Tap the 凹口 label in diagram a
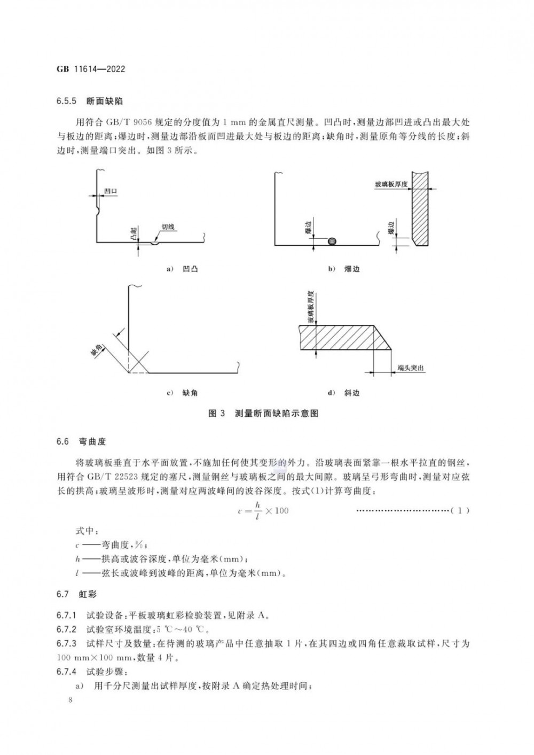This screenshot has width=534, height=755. [111, 191]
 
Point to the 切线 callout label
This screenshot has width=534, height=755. [168, 227]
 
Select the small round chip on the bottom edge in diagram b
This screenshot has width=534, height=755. [332, 241]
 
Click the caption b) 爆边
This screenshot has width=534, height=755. [344, 268]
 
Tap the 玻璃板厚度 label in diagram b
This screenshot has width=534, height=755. [391, 185]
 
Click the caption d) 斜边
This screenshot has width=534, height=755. [344, 393]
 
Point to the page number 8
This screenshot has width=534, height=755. [63, 700]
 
